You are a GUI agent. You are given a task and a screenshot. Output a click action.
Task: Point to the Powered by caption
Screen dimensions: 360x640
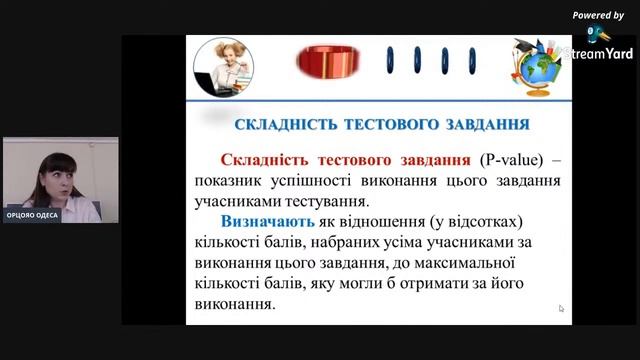[598, 15]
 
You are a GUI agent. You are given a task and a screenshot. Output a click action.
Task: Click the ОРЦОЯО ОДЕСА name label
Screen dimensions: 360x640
[32, 215]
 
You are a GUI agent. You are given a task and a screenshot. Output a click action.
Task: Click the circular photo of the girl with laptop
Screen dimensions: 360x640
[221, 67]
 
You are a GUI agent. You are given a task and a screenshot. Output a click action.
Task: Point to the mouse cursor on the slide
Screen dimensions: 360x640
[562, 308]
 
